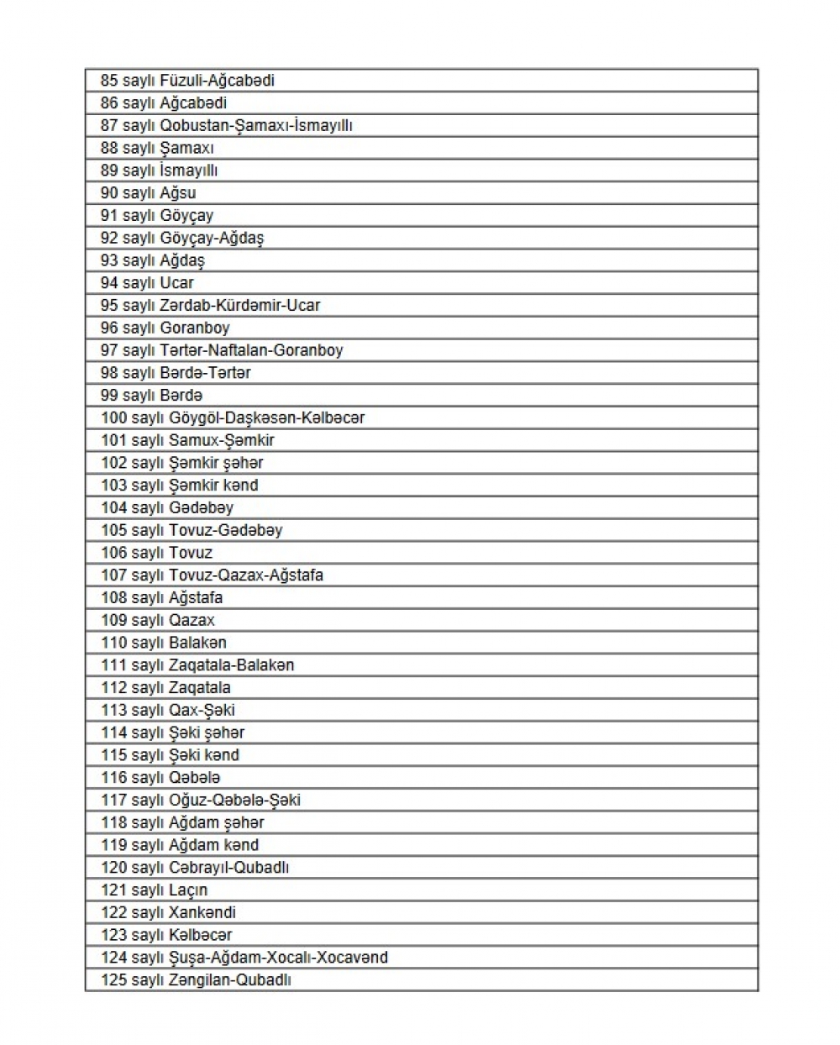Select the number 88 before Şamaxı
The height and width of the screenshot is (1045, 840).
pos(109,148)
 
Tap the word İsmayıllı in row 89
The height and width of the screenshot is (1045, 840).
pos(188,171)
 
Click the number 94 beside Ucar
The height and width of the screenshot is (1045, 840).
pos(109,283)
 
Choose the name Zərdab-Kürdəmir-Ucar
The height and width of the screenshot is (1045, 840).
pos(239,306)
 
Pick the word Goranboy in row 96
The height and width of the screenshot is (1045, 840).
pos(194,328)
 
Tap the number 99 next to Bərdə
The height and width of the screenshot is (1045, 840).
pos(109,396)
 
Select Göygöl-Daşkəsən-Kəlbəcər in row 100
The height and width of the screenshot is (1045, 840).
pos(266,417)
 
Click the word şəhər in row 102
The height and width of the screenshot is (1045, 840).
pos(243,463)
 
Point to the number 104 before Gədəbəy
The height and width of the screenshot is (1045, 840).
pos(113,508)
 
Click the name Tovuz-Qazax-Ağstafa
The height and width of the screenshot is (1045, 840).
pos(245,575)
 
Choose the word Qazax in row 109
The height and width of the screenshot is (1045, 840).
pos(192,621)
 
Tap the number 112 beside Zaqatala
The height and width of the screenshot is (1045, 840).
pos(113,688)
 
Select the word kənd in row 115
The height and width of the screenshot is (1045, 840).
pos(222,755)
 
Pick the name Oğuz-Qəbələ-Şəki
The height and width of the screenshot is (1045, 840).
pos(234,801)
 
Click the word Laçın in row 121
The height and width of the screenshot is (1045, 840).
pos(188,890)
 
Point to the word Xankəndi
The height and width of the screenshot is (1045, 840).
pos(202,913)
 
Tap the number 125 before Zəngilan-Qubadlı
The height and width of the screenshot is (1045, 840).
pos(113,980)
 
